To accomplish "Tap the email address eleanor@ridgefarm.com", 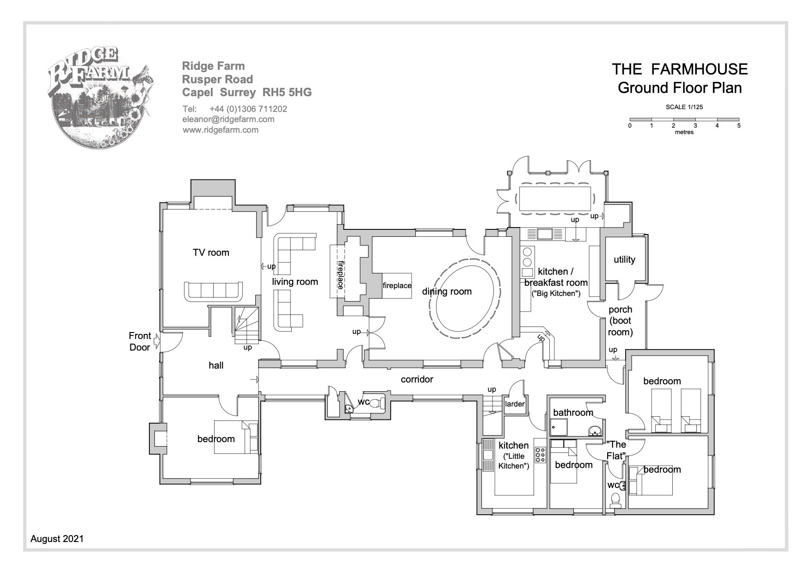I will [x=228, y=119].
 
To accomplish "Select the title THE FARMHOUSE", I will [x=680, y=69].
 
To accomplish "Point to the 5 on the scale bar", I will [x=739, y=125].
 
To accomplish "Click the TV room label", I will [x=211, y=253].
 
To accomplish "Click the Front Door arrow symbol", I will [x=157, y=341].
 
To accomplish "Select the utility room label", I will [x=624, y=259].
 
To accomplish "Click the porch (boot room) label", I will [x=621, y=320].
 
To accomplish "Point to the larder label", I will [x=515, y=404].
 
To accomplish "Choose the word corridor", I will [x=417, y=379].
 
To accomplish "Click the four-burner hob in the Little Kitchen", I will [x=540, y=455].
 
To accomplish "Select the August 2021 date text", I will [x=57, y=539].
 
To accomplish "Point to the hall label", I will [x=216, y=365].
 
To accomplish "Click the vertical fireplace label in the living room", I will [x=340, y=275].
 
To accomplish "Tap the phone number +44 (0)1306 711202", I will [x=248, y=109].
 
